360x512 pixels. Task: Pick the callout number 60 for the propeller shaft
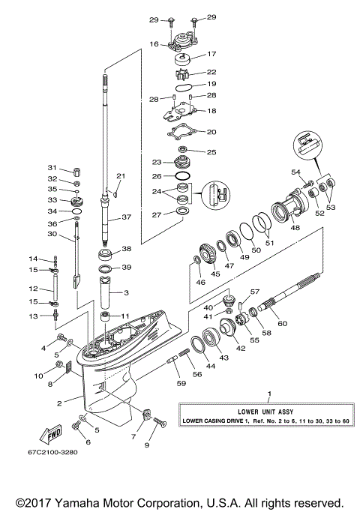coord(283,323)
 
